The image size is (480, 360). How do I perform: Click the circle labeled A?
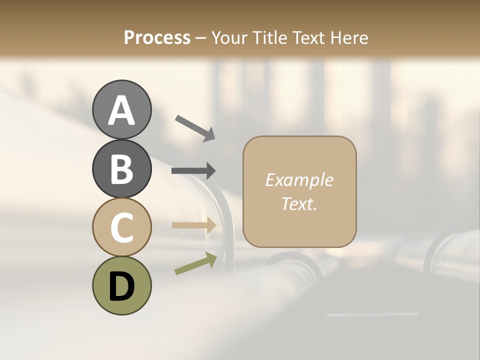pos(121,109)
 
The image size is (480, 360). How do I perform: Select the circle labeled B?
pos(121,168)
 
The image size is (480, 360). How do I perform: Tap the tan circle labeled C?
pos(121,227)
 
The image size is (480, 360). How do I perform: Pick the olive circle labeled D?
pos(121,285)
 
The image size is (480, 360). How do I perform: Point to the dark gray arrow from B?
pos(193,170)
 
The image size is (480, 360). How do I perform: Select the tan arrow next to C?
pos(194,225)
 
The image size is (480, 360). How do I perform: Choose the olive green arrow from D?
pos(195,263)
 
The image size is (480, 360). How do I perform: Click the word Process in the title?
pos(157,37)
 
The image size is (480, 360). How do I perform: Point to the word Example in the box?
pos(299,180)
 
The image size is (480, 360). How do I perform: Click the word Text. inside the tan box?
pos(299,203)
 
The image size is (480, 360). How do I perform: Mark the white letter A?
pos(121,110)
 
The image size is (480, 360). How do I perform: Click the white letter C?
pos(121,227)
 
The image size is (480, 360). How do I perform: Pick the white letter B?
pos(121,168)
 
